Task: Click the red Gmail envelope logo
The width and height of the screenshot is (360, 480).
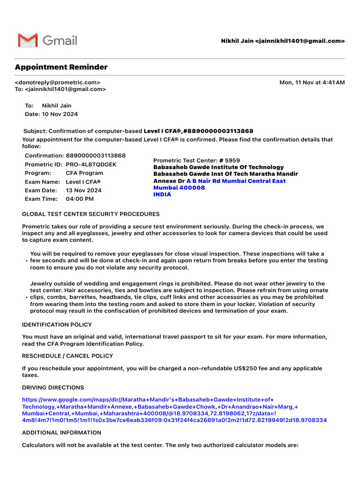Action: coord(28,40)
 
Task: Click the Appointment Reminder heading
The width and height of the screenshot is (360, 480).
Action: coord(61,67)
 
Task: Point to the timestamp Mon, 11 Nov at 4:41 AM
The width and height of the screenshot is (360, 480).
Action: coord(312,82)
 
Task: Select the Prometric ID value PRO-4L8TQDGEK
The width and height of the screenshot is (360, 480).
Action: coord(91,165)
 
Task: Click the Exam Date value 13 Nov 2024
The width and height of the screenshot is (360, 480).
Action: coord(83,190)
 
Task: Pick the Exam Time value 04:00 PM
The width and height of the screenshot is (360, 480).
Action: coord(80,199)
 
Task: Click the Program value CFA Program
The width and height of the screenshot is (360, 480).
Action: coord(84,173)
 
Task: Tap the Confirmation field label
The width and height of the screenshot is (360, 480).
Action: coord(44,156)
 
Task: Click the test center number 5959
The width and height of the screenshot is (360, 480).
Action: coord(232,160)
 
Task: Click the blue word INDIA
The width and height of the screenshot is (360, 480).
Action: coord(162,195)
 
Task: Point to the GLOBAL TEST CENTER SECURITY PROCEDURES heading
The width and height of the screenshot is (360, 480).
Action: coord(90,214)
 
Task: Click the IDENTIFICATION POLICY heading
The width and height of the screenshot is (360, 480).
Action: coord(57,325)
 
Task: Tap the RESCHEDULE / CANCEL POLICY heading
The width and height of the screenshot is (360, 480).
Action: coord(67,356)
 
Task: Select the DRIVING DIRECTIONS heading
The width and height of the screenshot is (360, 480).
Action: coord(53,388)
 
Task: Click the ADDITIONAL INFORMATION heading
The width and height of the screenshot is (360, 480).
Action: coord(61,433)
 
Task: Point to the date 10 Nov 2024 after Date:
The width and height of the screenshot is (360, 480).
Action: coord(60,114)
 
